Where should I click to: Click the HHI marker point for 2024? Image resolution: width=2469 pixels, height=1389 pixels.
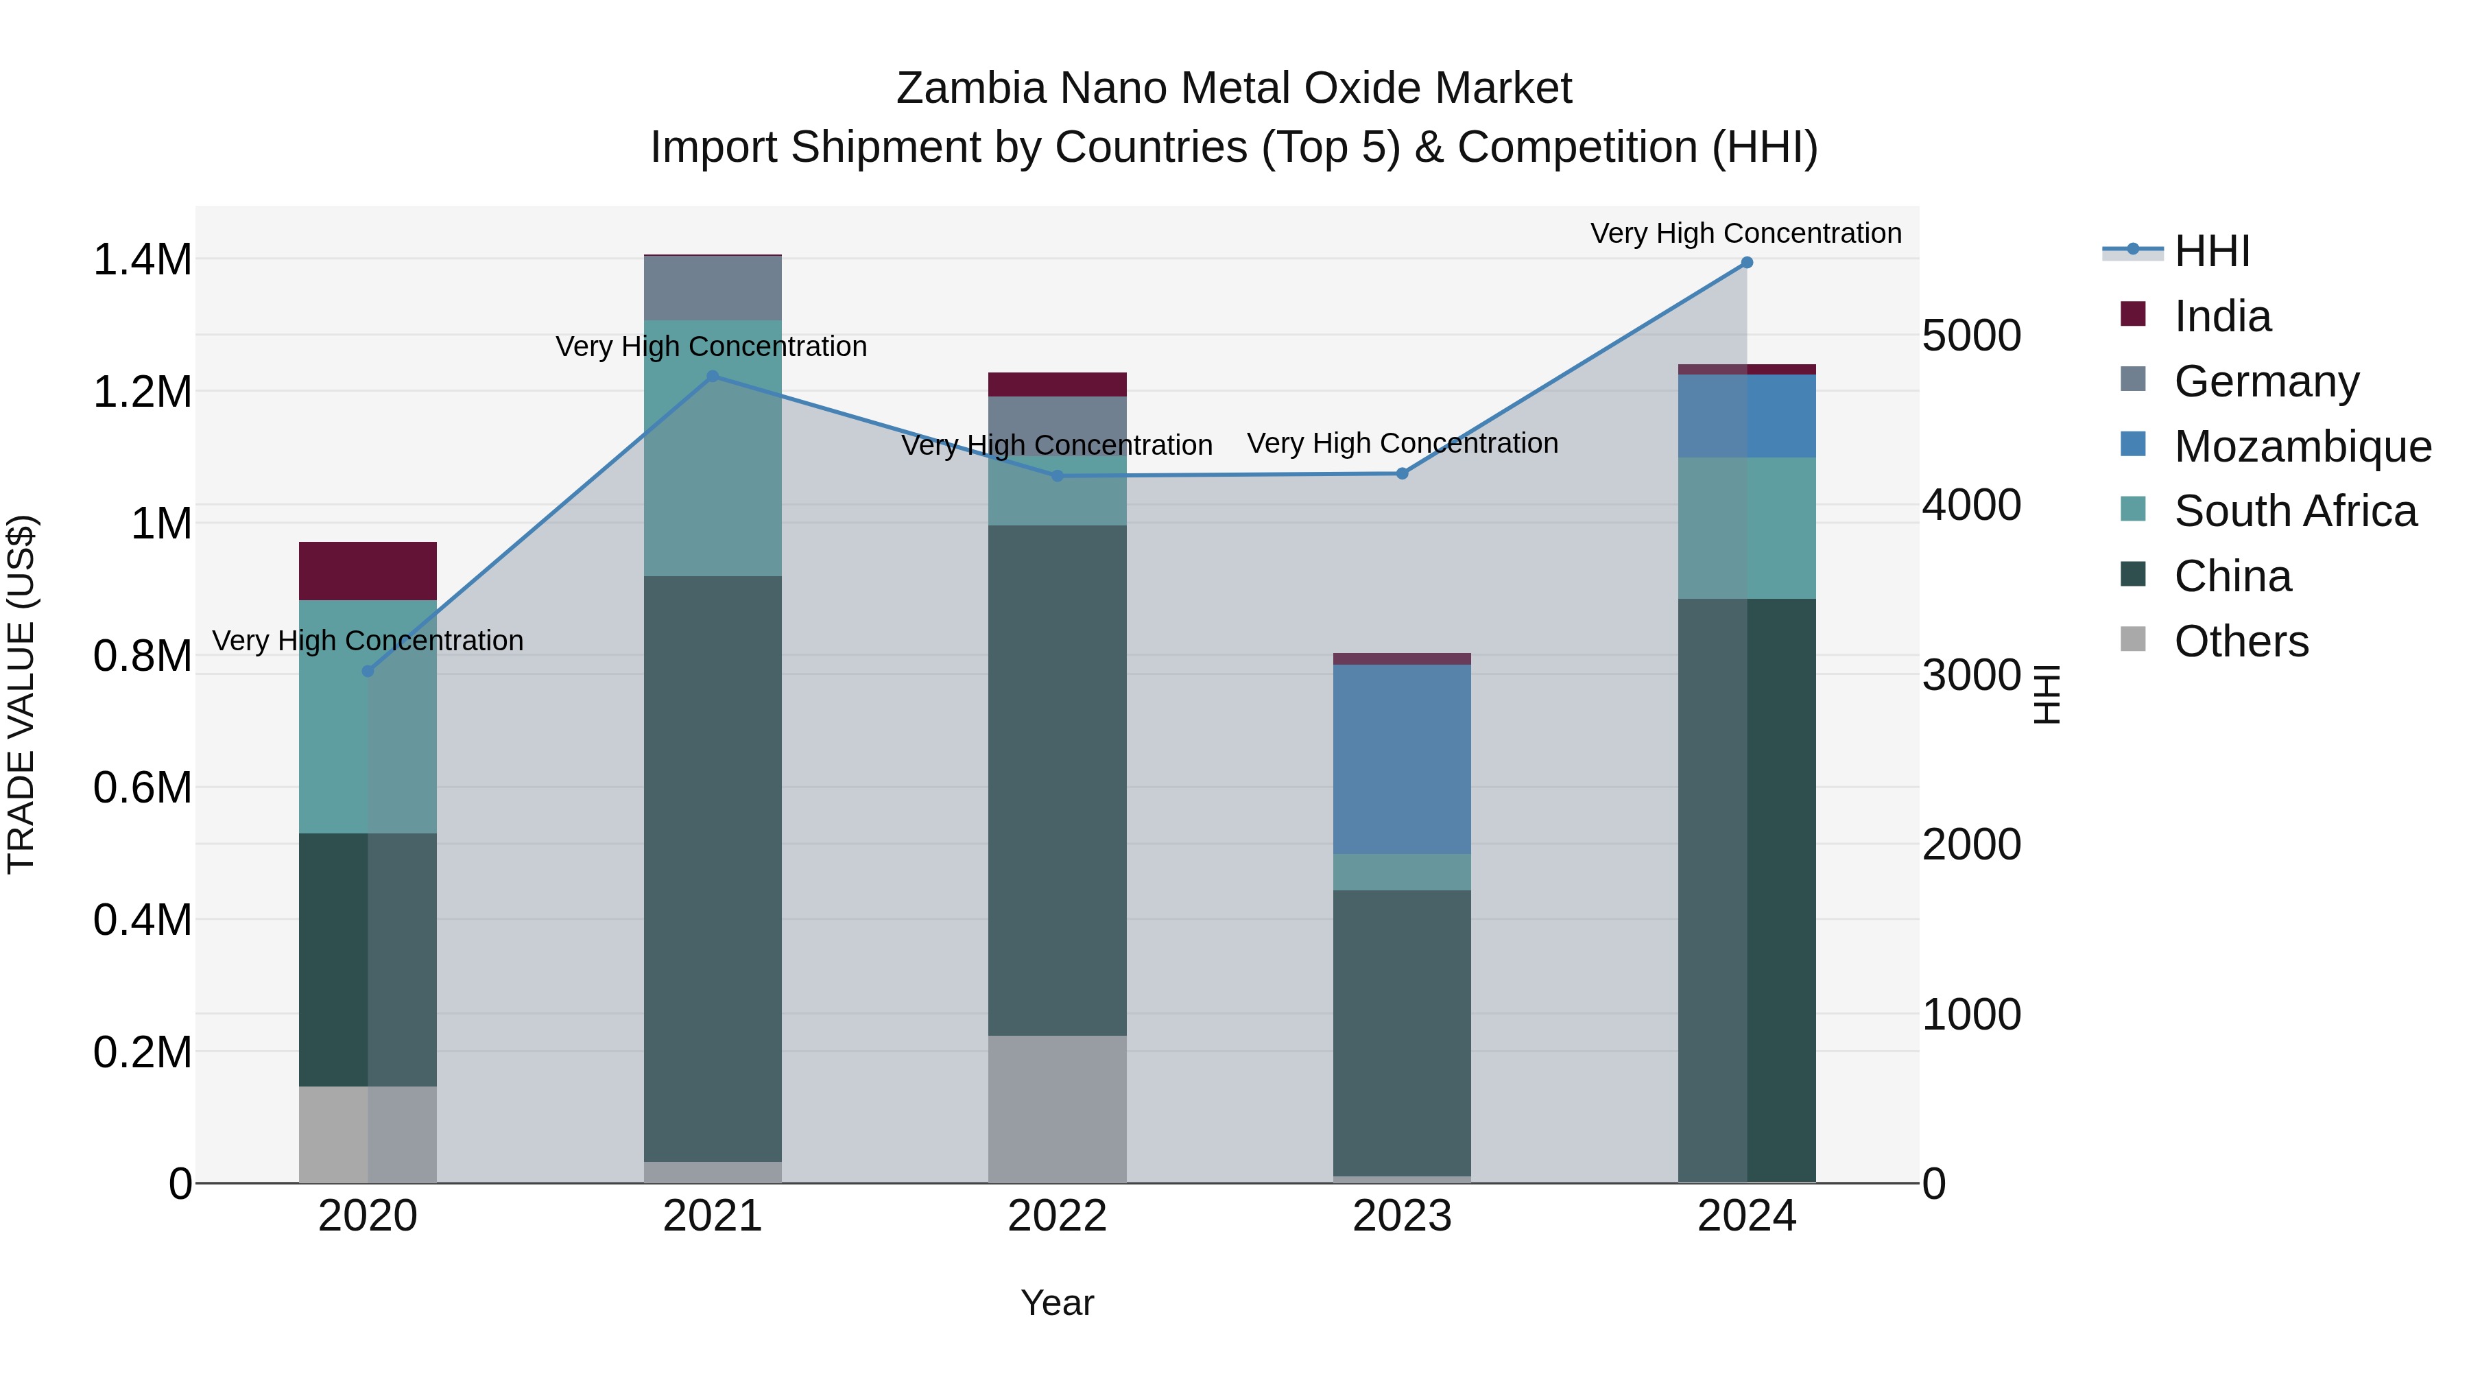(1746, 263)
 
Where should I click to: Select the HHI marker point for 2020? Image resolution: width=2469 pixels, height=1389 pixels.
(368, 671)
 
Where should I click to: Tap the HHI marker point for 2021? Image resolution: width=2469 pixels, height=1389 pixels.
(712, 377)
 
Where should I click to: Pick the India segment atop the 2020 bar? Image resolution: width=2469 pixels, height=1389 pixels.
(368, 571)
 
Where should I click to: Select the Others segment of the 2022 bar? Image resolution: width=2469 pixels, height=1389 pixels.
(1057, 1109)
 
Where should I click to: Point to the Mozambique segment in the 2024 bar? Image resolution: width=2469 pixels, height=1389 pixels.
(1746, 416)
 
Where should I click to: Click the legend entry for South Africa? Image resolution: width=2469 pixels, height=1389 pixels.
(2295, 511)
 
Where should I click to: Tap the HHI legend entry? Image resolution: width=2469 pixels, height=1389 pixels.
(2212, 251)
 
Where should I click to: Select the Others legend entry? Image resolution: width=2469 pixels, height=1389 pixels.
(2241, 641)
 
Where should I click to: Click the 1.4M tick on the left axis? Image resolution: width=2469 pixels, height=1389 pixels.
(142, 261)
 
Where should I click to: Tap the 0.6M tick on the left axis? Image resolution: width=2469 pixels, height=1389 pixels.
(142, 788)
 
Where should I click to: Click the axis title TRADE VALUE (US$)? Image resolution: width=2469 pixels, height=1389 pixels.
(21, 694)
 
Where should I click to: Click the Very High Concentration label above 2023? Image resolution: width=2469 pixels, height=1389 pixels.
(1401, 444)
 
